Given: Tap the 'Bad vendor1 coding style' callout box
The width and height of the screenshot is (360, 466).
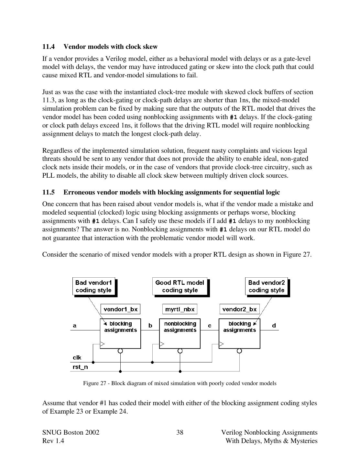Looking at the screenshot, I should pyautogui.click(x=93, y=286).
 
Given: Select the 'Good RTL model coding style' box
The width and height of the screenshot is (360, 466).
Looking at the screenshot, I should pyautogui.click(x=180, y=286).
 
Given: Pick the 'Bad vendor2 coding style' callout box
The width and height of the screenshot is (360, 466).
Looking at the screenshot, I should pyautogui.click(x=266, y=286).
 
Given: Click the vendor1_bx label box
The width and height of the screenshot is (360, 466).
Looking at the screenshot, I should pyautogui.click(x=120, y=309).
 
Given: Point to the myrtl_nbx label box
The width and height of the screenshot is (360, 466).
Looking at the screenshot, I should pyautogui.click(x=180, y=309).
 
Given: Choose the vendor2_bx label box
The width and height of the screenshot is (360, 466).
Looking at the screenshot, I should pyautogui.click(x=239, y=309).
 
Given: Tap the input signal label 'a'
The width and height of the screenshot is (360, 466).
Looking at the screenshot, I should pyautogui.click(x=75, y=326).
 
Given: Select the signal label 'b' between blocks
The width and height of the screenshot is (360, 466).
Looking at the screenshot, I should pyautogui.click(x=150, y=326).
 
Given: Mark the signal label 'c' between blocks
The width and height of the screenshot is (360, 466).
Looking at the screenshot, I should pyautogui.click(x=210, y=326).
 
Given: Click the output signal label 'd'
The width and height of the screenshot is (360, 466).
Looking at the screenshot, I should pyautogui.click(x=274, y=326).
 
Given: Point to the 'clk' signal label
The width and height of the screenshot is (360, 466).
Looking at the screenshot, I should pyautogui.click(x=77, y=358).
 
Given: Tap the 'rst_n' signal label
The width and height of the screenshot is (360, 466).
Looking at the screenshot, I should pyautogui.click(x=80, y=367).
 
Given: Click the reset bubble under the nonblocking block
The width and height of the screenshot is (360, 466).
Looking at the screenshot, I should pyautogui.click(x=180, y=351).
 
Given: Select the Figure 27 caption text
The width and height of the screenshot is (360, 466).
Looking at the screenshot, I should pyautogui.click(x=180, y=383).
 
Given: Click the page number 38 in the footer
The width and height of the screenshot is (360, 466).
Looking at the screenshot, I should pyautogui.click(x=180, y=433).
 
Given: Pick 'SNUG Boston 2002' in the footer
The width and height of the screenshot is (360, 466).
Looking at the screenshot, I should pyautogui.click(x=71, y=433).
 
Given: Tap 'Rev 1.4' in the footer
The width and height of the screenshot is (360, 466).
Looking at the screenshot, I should pyautogui.click(x=53, y=441).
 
